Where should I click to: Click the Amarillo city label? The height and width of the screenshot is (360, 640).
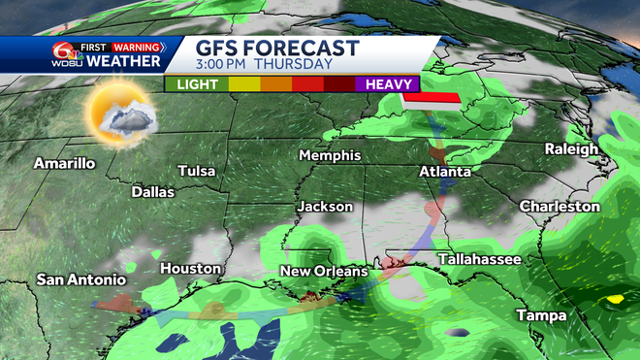(65, 163)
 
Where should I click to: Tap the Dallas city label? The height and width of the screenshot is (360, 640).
(153, 192)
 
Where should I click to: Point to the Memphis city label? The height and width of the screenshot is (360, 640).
(330, 155)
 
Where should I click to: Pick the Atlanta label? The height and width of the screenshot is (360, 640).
(445, 171)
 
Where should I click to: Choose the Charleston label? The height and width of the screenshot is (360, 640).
(560, 206)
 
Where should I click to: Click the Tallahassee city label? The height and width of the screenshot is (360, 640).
(479, 259)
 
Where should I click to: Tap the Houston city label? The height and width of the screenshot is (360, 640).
(191, 268)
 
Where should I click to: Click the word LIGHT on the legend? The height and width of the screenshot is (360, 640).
(196, 85)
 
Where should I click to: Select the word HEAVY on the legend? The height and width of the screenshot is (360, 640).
(386, 85)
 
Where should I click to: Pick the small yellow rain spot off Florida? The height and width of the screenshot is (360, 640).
(613, 300)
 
